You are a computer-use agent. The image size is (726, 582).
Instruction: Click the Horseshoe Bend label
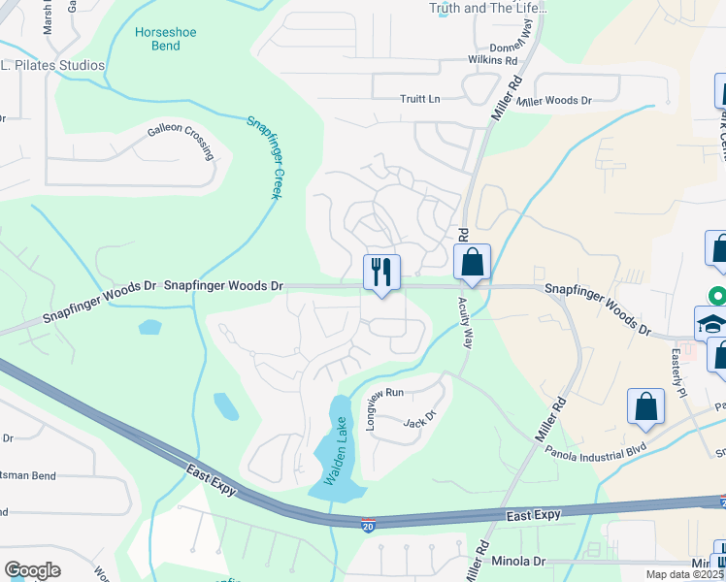pos(165,39)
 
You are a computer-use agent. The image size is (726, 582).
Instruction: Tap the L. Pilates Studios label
pos(52,65)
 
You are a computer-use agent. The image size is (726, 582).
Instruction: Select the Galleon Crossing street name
pos(180,136)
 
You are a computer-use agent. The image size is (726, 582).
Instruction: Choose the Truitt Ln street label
pos(420,99)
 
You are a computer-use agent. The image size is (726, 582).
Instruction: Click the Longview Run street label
pos(384,393)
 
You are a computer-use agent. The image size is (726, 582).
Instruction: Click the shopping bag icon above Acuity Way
pos(472,262)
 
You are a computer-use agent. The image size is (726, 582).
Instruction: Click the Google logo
pos(32,570)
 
